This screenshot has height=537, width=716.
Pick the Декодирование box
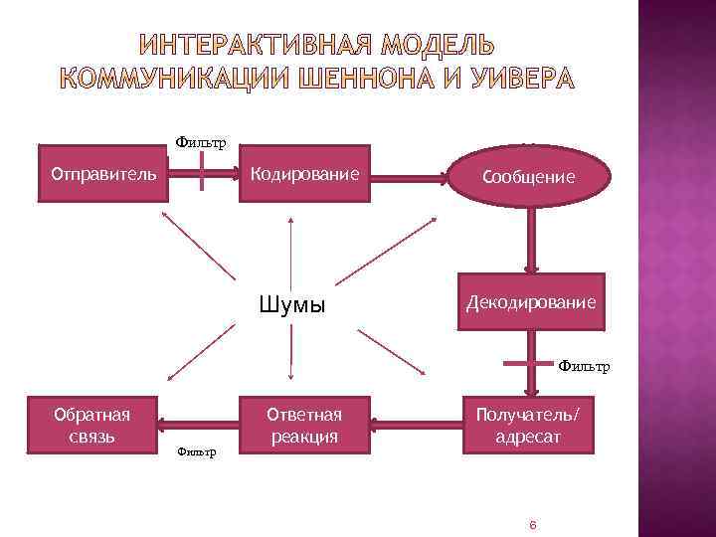pos(530,300)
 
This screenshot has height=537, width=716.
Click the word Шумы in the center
pos(291,304)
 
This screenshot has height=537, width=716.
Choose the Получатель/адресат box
pos(530,426)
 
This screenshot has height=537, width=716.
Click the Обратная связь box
pos(92,426)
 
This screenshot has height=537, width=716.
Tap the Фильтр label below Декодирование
pos(584,366)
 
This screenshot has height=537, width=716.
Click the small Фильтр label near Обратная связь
pos(196,452)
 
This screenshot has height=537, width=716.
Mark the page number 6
pos(533,523)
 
